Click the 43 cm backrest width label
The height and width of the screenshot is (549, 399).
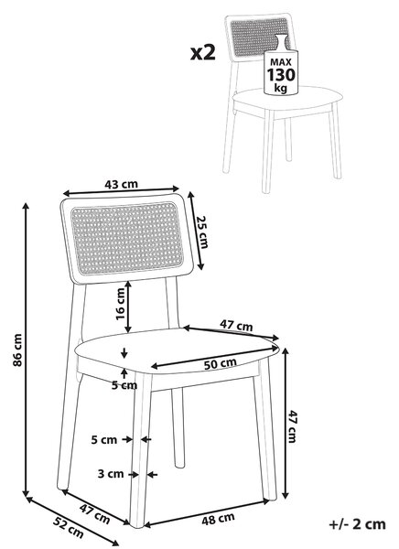(121, 184)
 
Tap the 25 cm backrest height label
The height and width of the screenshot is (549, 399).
(202, 231)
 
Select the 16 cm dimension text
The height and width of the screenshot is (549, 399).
(121, 304)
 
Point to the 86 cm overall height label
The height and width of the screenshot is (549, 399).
(17, 350)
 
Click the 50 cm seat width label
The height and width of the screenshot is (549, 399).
(220, 364)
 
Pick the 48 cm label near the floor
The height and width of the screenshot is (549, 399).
(218, 519)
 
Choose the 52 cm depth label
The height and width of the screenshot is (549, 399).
(69, 527)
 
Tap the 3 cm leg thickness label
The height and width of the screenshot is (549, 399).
(111, 474)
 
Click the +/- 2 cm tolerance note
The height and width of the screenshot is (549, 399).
(357, 524)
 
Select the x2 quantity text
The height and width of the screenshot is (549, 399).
(203, 53)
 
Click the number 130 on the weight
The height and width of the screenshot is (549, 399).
(281, 75)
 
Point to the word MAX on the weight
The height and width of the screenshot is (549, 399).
(281, 62)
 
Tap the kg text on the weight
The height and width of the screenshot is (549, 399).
(281, 87)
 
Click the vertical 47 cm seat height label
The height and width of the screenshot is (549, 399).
(292, 426)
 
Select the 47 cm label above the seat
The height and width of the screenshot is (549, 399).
(236, 325)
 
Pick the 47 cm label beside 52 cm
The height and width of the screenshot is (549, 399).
(94, 513)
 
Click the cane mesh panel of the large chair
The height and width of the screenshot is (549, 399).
(127, 238)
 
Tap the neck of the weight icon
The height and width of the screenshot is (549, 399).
(280, 43)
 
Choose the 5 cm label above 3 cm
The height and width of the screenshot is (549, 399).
(104, 439)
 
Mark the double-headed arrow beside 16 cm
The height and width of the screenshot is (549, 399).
(128, 307)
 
